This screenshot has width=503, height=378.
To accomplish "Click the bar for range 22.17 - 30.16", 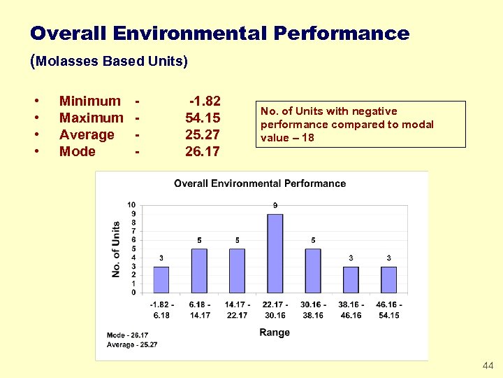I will (275, 253).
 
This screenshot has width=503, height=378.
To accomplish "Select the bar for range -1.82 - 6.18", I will (161, 279).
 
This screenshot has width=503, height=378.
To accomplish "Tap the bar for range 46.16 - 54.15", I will (388, 279).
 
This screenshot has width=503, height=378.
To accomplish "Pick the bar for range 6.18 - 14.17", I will (199, 270).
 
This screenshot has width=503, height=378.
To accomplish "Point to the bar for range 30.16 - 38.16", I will (313, 270).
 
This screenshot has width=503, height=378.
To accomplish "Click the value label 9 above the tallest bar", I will (275, 205).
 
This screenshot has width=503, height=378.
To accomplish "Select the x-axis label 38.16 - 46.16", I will (351, 309).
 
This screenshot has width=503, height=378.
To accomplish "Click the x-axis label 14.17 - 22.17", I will (237, 309).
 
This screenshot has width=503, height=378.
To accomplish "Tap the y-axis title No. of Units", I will (116, 248).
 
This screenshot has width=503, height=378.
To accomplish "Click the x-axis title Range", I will (275, 332).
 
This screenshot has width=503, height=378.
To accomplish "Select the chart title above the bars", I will (260, 183).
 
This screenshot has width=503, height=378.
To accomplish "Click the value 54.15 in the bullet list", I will (203, 118).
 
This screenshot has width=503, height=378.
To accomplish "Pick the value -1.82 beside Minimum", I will (205, 101).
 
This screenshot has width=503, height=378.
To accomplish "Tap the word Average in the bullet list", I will (87, 134).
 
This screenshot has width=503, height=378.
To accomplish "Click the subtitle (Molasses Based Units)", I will (109, 61).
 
